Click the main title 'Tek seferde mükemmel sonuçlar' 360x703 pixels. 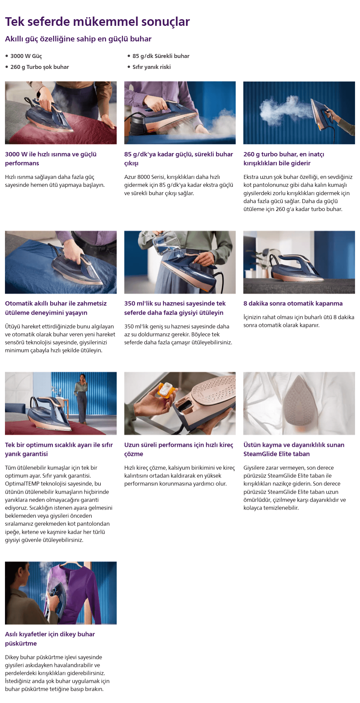97,22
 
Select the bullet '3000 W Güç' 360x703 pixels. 26,56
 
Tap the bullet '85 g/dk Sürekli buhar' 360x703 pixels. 161,56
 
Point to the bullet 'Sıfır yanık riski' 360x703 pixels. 151,67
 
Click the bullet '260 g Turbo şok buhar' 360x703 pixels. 39,67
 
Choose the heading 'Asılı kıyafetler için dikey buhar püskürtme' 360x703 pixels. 50,639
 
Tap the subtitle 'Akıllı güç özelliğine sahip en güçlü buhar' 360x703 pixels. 78,39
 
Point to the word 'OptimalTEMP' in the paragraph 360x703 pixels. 22,484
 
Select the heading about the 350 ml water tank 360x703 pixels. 175,308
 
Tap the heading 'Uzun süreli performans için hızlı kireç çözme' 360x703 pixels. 179,449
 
